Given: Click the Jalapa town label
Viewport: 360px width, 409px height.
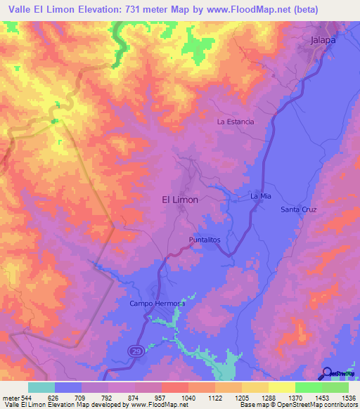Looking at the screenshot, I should [323, 41].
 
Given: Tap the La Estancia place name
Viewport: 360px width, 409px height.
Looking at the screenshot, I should [236, 122].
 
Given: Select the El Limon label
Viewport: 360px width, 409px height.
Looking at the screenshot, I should [180, 200].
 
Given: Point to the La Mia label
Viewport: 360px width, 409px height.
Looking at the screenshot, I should [261, 196].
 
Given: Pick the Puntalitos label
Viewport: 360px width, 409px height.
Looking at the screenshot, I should [205, 240].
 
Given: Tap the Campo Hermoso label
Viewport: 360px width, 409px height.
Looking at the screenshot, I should [156, 304].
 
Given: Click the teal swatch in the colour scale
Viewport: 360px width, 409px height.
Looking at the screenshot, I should [41, 387].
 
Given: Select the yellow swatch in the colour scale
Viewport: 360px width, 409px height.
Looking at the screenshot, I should [282, 387].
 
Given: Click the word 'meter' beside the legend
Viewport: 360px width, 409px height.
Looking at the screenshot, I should [8, 396].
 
